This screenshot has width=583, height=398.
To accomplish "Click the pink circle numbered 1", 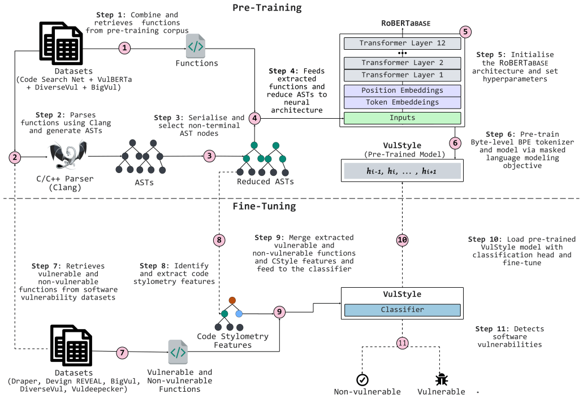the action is (124, 48).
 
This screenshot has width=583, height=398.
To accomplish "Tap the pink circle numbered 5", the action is (465, 32).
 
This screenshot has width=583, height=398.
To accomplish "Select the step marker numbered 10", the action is (402, 240).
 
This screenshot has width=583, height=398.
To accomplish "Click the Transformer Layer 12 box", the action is (402, 43).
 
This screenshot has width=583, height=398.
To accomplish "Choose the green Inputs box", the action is (402, 118).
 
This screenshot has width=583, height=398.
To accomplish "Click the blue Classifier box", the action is (402, 310).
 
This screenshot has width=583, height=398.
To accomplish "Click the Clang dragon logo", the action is (68, 154).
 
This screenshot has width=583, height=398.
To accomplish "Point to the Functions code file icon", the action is (196, 46).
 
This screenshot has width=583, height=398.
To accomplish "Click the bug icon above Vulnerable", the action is (441, 379).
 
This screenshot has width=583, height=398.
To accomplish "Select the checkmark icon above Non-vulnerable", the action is (362, 380).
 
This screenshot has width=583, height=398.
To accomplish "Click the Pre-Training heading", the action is (267, 8).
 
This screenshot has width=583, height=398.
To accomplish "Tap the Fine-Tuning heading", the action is (265, 206).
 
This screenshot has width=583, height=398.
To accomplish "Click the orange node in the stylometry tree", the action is (232, 300).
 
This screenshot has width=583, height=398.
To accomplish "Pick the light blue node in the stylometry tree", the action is (239, 314).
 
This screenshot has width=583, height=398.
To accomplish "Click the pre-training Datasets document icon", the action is (61, 43).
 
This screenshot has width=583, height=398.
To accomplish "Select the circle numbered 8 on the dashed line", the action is (219, 240).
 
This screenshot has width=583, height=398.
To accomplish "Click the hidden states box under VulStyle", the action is (402, 171).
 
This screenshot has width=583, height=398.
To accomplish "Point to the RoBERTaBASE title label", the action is (405, 23).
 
